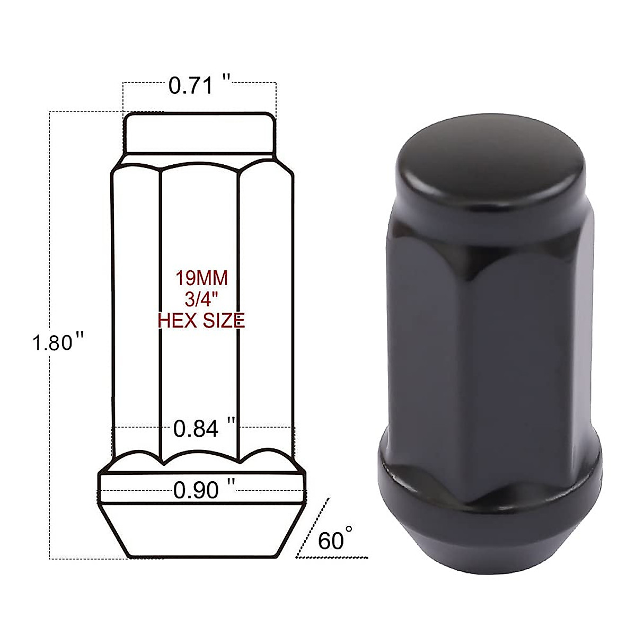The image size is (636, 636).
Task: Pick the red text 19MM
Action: [x=201, y=278]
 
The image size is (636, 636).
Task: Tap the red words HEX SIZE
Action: [x=201, y=320]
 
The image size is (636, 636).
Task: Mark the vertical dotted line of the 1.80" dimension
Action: [x=50, y=238]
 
